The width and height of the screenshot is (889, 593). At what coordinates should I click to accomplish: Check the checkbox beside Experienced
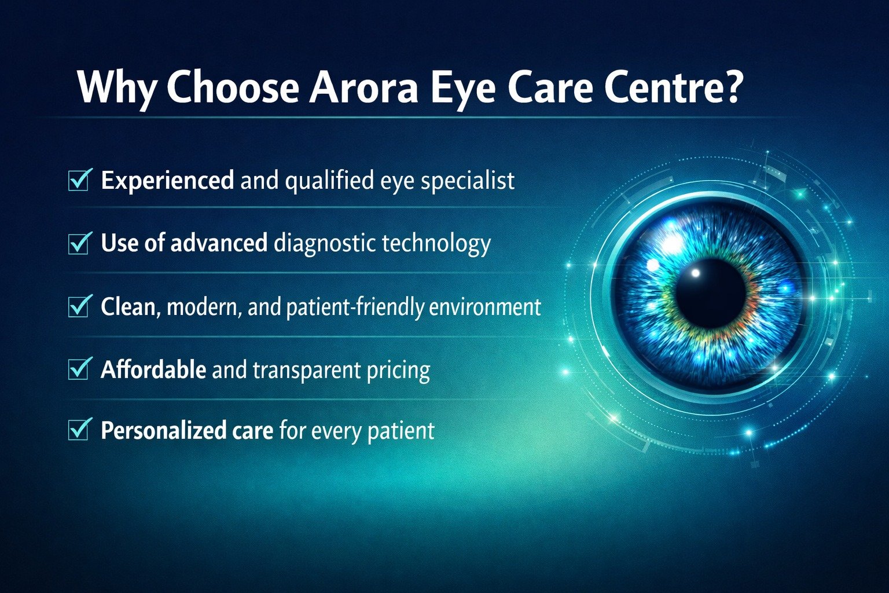(79, 180)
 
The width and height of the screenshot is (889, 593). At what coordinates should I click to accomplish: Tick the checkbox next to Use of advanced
(79, 243)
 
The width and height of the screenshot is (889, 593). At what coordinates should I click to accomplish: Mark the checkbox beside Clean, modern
(79, 306)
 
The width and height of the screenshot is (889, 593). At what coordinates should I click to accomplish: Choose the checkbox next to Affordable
(79, 369)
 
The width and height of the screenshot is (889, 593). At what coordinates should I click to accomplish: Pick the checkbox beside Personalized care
(79, 430)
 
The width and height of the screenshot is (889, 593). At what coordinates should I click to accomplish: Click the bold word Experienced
(167, 181)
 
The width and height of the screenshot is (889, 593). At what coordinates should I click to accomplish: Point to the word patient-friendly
(355, 307)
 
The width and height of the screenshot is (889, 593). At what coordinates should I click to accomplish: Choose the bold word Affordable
(153, 369)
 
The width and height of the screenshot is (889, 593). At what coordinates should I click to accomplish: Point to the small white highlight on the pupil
(696, 273)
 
